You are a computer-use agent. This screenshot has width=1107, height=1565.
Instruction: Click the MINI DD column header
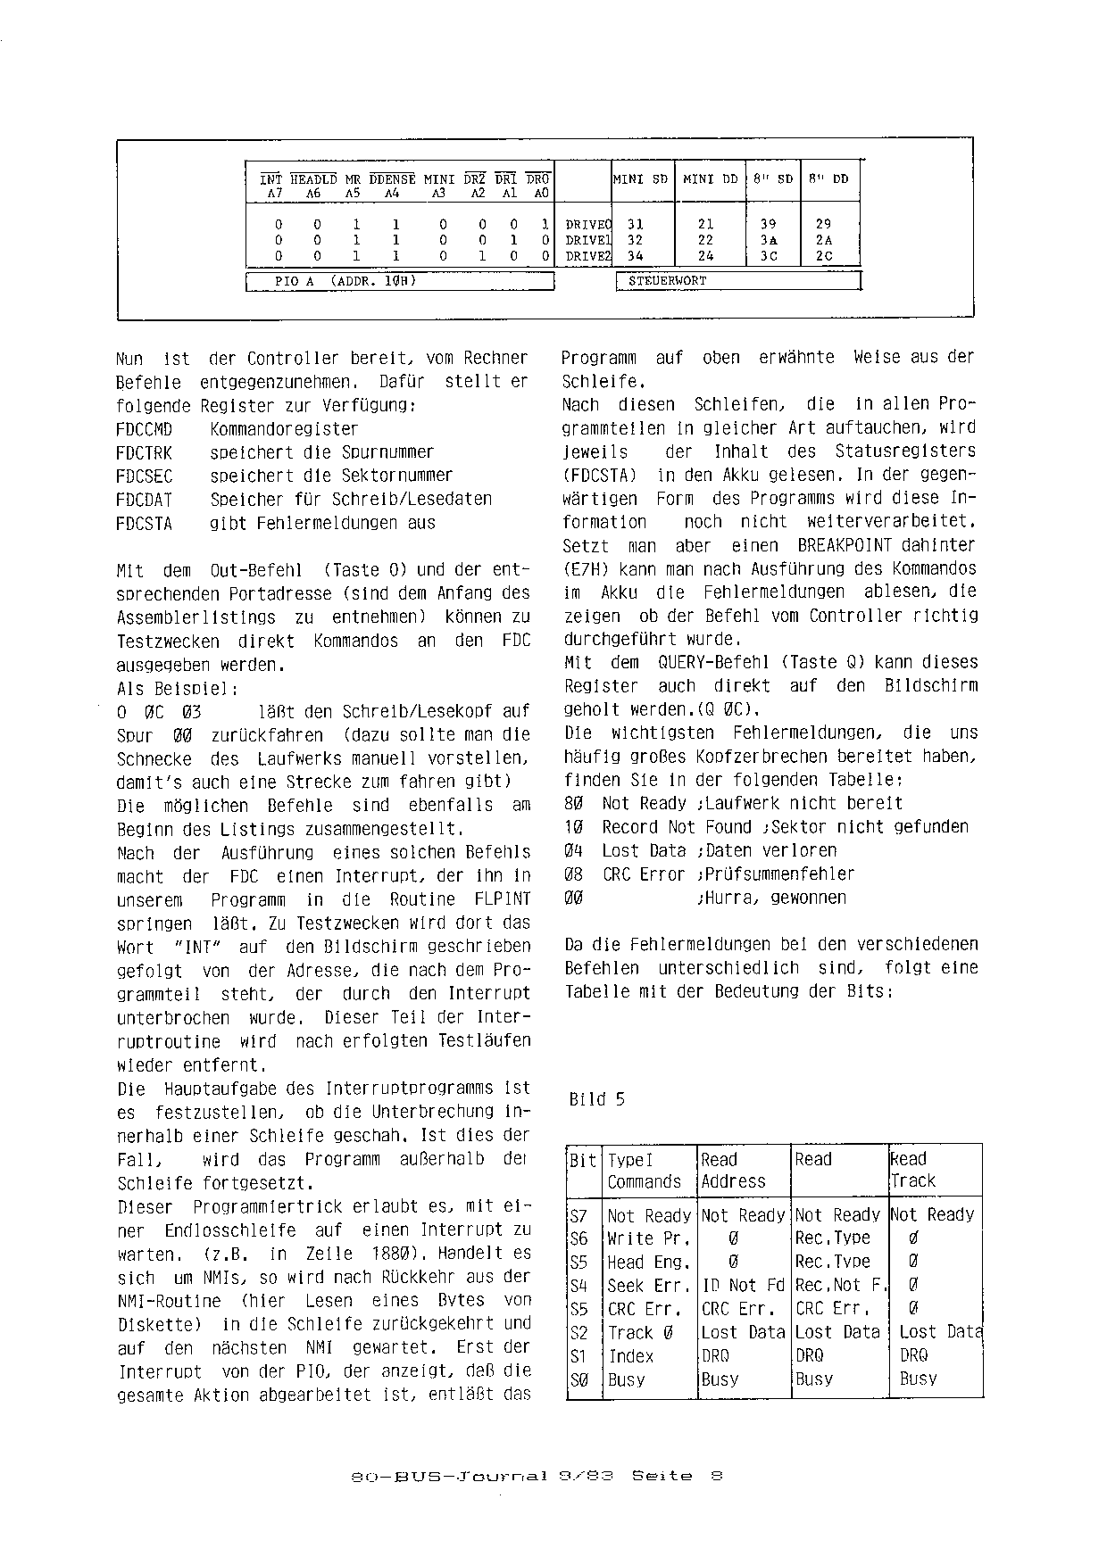click(710, 178)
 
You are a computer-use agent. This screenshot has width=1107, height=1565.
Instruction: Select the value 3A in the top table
click(769, 240)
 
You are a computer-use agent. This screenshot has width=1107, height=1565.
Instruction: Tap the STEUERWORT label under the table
click(667, 280)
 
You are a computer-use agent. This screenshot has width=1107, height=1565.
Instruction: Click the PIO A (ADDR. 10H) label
click(345, 281)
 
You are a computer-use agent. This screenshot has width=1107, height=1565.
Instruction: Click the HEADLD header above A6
click(313, 179)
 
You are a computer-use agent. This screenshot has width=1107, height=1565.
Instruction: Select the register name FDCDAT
click(144, 500)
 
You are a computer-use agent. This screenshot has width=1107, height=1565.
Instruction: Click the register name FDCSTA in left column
click(144, 524)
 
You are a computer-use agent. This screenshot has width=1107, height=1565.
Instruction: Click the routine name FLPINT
click(497, 899)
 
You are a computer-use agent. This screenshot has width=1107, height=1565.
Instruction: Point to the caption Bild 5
click(596, 1099)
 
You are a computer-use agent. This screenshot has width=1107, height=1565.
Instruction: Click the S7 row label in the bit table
click(578, 1215)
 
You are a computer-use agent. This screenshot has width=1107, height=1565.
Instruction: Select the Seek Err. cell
click(649, 1286)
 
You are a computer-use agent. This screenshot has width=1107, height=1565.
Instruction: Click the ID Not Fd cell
click(743, 1286)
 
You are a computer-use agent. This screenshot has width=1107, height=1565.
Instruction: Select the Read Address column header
click(733, 1170)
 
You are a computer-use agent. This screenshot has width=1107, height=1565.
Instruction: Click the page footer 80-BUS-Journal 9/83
click(483, 1476)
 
